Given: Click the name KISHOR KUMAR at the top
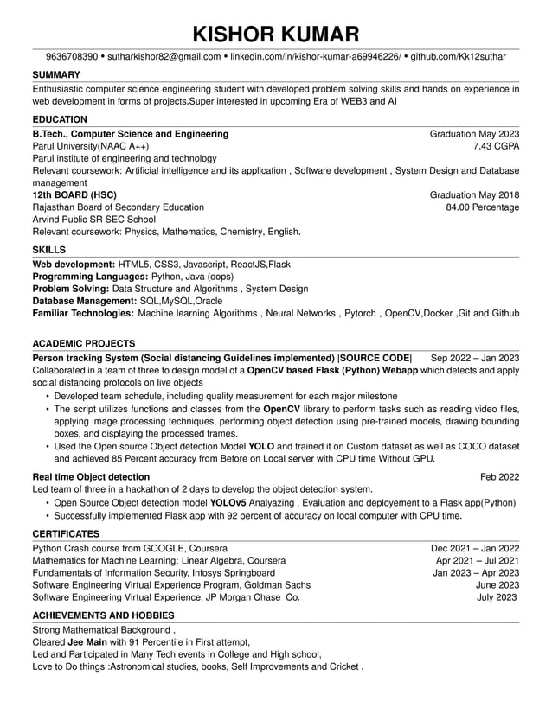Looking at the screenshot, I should point(275,35).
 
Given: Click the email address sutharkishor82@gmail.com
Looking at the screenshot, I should point(163,57).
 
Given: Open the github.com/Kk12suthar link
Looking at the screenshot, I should point(458,57).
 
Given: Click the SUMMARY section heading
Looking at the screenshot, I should point(56,75).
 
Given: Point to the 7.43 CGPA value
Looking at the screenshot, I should point(496,147).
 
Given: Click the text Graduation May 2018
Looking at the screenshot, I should point(474,195).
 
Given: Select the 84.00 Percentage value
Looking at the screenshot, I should point(482,207).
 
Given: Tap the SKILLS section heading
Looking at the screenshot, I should point(49,250).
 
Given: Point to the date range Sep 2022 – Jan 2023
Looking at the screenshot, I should point(474,358).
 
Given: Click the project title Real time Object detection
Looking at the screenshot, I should point(91,477).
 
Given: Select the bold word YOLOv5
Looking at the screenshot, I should point(228,502).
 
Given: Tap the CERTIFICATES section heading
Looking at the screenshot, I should point(66,534).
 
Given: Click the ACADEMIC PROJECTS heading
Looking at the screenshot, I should point(83,343).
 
